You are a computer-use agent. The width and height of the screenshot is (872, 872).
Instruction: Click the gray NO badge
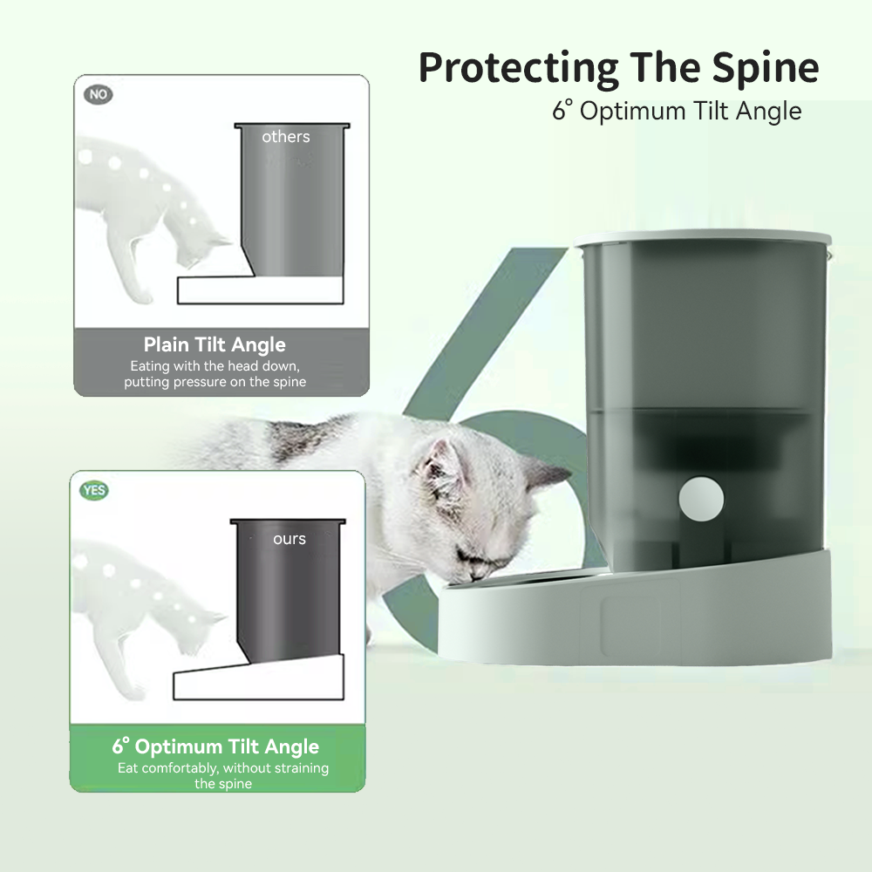pyautogui.click(x=99, y=94)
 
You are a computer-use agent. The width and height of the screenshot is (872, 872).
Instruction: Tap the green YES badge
pyautogui.click(x=94, y=490)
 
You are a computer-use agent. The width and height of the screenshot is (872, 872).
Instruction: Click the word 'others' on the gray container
pyautogui.click(x=286, y=137)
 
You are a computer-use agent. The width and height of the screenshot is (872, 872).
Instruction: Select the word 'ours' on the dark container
pyautogui.click(x=290, y=539)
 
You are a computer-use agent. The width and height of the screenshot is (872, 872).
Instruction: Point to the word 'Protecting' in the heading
pyautogui.click(x=518, y=68)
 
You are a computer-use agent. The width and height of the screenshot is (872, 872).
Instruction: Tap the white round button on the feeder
pyautogui.click(x=701, y=499)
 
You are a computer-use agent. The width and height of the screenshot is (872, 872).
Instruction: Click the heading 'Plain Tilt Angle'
pyautogui.click(x=215, y=344)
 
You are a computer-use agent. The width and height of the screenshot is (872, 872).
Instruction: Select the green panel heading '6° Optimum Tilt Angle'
pyautogui.click(x=215, y=746)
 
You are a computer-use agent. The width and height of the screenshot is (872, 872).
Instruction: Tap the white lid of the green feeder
pyautogui.click(x=703, y=237)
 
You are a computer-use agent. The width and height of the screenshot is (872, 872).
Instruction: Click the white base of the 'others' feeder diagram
pyautogui.click(x=260, y=290)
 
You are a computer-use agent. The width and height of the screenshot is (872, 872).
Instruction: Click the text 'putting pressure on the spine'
pyautogui.click(x=215, y=382)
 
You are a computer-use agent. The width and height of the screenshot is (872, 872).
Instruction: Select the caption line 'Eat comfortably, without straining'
pyautogui.click(x=223, y=768)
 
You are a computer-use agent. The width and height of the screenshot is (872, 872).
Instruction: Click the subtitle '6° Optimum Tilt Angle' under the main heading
pyautogui.click(x=677, y=111)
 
